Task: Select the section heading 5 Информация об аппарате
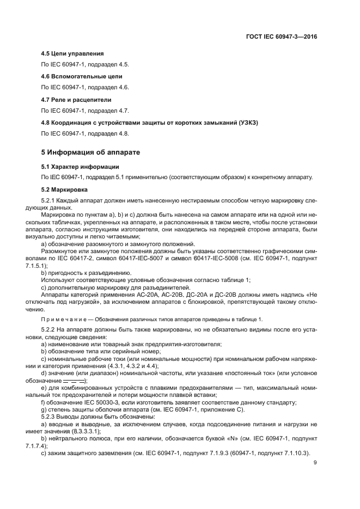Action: tap(91, 152)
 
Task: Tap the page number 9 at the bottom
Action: tap(315, 463)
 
